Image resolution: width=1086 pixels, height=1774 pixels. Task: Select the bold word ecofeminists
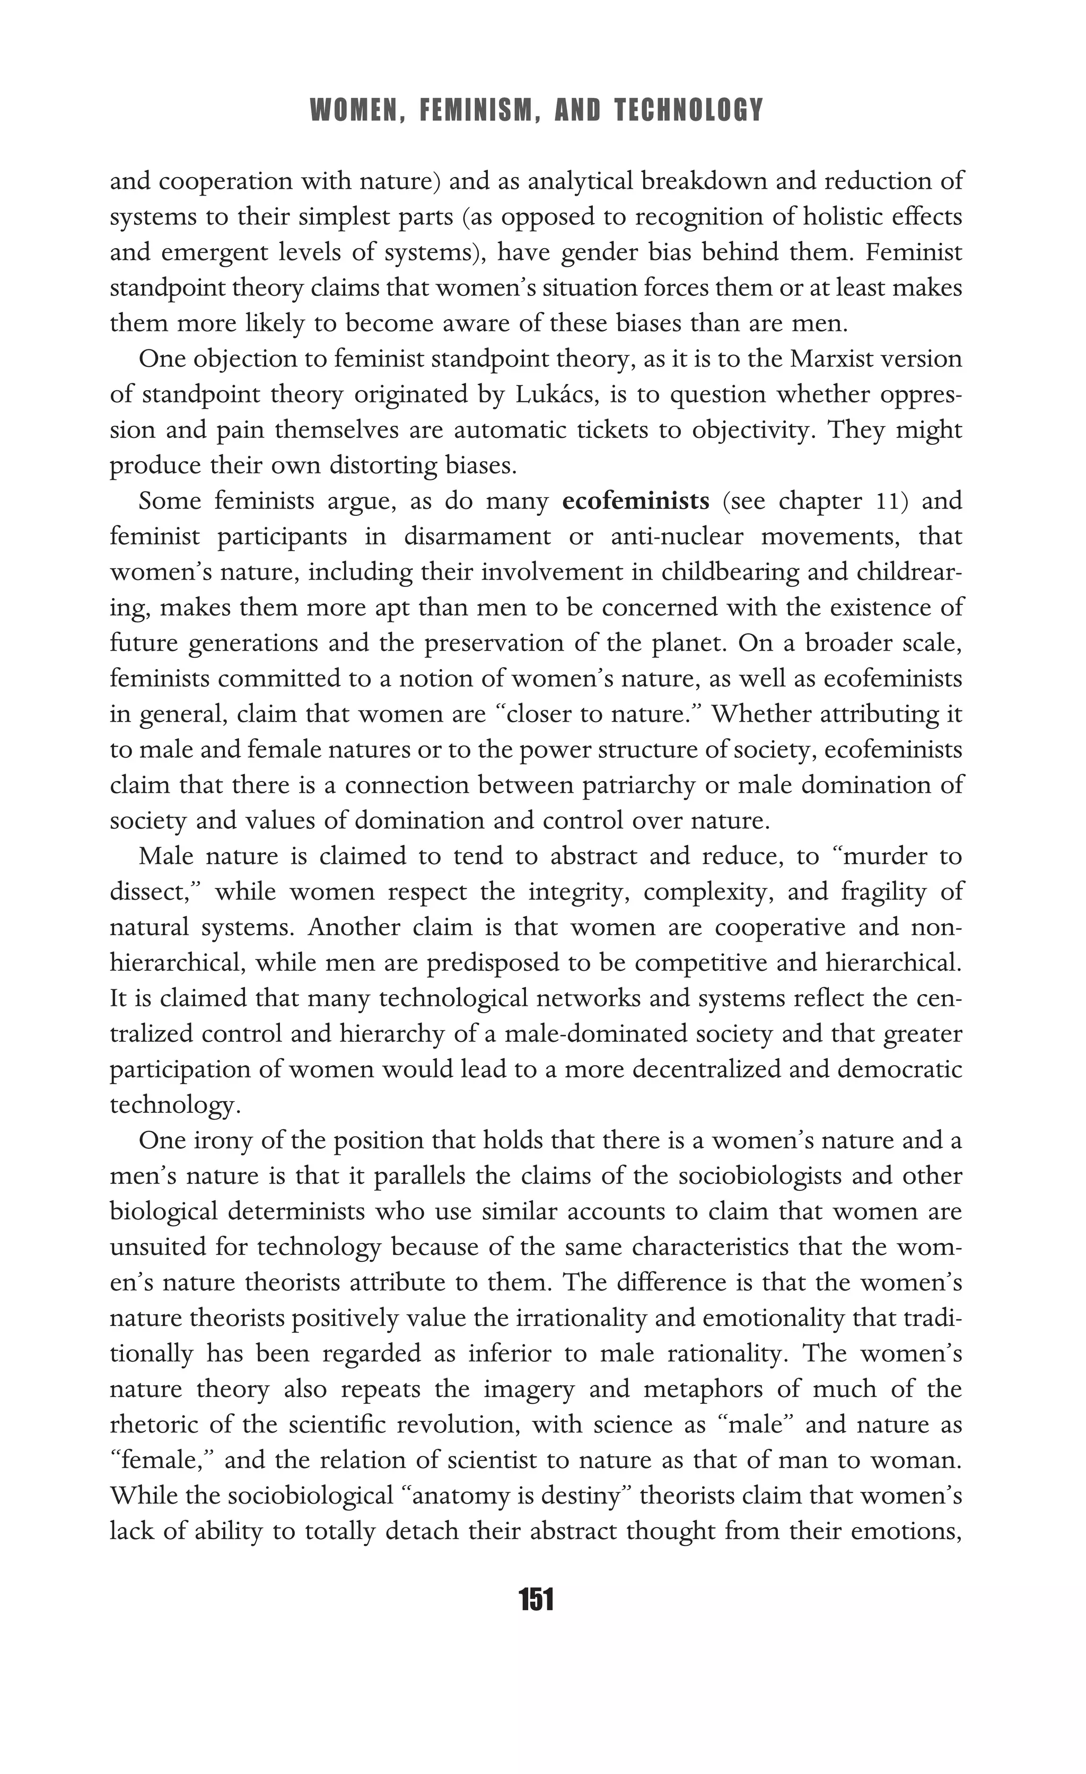[x=635, y=500]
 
